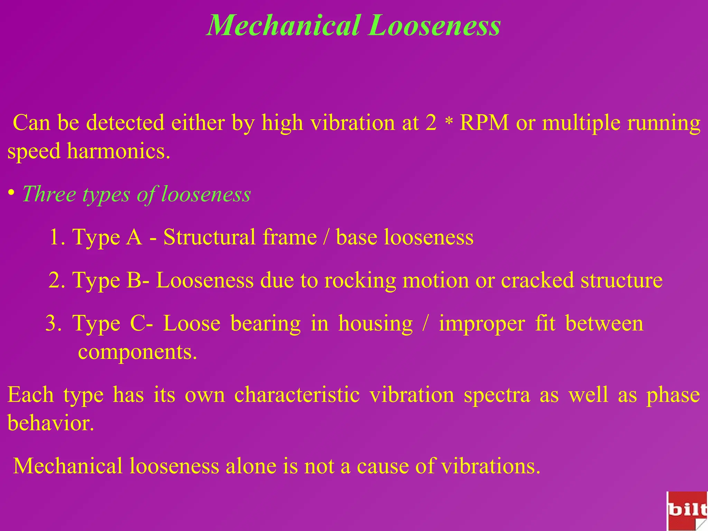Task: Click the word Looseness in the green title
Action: click(x=434, y=26)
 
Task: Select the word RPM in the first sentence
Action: click(x=484, y=122)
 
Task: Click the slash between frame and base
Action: click(x=326, y=237)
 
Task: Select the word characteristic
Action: click(x=297, y=395)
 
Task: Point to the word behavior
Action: click(x=50, y=423)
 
